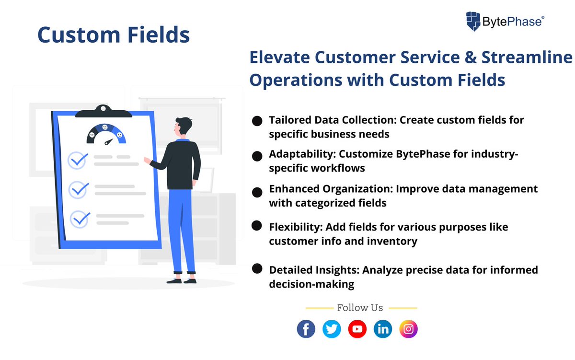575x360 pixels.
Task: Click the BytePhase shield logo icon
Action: [x=474, y=22]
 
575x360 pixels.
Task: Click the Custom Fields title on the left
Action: [x=114, y=35]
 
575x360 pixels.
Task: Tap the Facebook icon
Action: [x=306, y=329]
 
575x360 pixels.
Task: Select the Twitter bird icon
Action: [x=332, y=329]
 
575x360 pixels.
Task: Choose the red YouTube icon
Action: [x=357, y=329]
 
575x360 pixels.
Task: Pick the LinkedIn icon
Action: [x=383, y=329]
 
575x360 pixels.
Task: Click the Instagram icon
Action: [x=409, y=329]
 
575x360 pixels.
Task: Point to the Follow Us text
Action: [x=360, y=308]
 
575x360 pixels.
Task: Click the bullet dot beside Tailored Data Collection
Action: [x=257, y=121]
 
